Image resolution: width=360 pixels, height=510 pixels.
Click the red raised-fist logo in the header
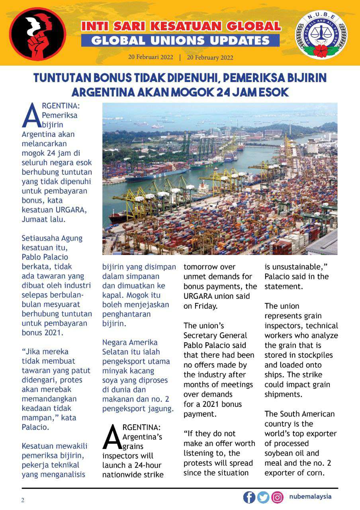pos(38,34)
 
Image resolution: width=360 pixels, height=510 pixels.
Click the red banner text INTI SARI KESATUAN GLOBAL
pos(181,27)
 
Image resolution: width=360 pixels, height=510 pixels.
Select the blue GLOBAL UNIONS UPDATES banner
pos(180,40)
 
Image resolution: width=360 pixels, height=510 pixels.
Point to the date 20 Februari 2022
pos(151,57)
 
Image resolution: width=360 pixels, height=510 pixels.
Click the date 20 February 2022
pos(210,57)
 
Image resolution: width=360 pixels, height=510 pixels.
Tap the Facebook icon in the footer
pos(249,497)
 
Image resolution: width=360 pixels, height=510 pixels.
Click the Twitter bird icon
pos(263,497)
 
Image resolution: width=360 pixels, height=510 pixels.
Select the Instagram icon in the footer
pos(277,497)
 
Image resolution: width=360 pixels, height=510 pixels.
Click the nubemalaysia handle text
pos(310,496)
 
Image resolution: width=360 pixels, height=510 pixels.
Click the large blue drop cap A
pos(31,116)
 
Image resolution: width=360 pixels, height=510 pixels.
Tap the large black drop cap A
pos(112,437)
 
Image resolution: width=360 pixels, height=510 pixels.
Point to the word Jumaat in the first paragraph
pos(35,220)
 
